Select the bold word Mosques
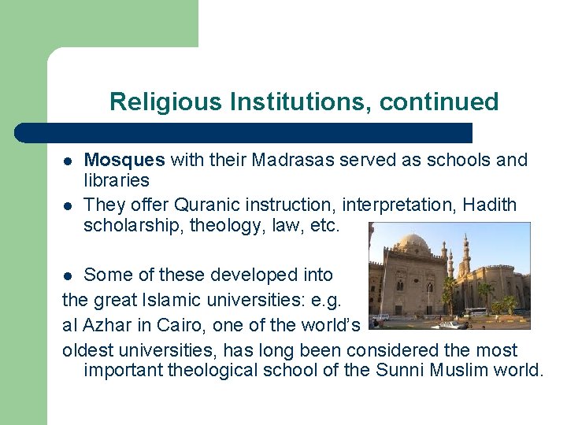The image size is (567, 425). click(124, 161)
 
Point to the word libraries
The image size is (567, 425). click(116, 180)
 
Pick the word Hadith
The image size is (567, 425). click(490, 205)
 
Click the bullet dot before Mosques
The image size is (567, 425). click(69, 161)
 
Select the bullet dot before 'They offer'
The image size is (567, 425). click(69, 206)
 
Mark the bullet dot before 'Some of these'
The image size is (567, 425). click(69, 275)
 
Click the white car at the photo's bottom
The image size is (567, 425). click(450, 324)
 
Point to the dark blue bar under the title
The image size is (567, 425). click(244, 132)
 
